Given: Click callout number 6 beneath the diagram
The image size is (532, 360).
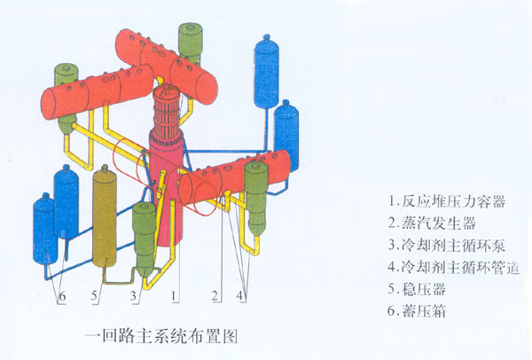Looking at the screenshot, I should point(62,293).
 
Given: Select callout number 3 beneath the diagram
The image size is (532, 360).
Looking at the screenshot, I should point(134,293).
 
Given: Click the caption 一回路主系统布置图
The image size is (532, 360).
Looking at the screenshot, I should point(160,336).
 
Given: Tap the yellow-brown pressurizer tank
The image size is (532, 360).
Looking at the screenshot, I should point(106,217).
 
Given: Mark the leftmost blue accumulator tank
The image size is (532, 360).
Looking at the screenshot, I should point(44,231).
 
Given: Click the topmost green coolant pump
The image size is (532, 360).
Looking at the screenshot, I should point(190,40).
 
